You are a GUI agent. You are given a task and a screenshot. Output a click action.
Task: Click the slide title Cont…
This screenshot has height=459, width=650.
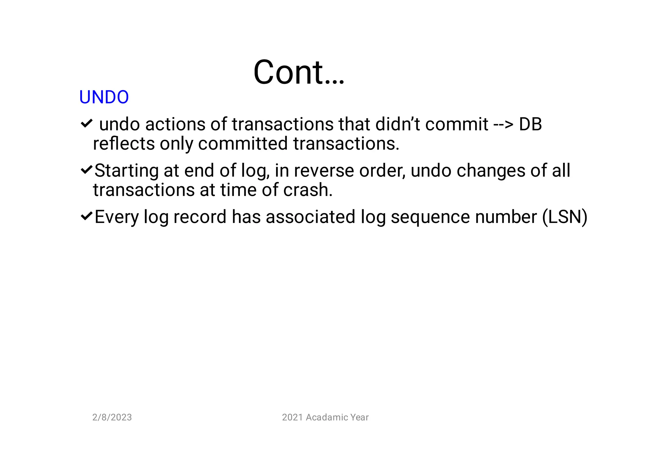(x=298, y=72)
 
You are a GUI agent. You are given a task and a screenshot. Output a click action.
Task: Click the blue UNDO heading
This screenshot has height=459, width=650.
(x=104, y=97)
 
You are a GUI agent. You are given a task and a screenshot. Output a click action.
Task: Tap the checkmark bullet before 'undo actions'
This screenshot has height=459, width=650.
(x=86, y=123)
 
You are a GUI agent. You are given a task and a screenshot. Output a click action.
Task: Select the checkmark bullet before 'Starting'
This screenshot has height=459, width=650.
(x=86, y=170)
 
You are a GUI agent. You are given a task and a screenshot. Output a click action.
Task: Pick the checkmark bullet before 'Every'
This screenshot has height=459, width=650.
(x=86, y=216)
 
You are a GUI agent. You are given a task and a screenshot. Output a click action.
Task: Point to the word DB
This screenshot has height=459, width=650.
(x=530, y=124)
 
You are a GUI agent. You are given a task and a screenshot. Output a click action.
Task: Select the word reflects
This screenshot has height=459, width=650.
(x=124, y=144)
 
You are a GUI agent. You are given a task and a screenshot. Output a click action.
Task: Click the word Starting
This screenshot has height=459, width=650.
(x=126, y=171)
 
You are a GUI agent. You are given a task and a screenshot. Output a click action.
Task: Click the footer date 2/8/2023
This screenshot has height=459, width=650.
(x=112, y=417)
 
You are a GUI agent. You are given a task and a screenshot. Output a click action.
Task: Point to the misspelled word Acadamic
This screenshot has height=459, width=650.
(x=322, y=417)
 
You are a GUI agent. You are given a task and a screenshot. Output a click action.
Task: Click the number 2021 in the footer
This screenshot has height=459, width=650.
(x=292, y=417)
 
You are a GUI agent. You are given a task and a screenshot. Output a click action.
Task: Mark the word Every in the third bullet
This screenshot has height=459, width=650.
(x=116, y=217)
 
